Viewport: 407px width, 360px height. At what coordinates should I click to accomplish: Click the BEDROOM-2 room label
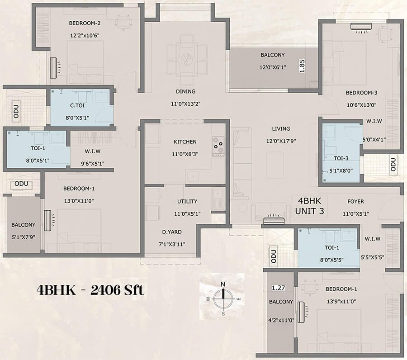(85, 23)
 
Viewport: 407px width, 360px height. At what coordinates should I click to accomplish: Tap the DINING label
(185, 91)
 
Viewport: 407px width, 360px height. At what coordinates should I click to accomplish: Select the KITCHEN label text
(185, 142)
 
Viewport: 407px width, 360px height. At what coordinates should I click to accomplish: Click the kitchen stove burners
(218, 147)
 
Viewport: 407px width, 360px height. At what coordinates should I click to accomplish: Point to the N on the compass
(222, 284)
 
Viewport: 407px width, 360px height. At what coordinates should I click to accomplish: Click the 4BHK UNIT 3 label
(309, 206)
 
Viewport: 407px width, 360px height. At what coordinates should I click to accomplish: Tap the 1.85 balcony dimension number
(302, 66)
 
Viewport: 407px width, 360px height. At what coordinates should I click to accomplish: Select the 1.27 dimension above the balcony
(278, 288)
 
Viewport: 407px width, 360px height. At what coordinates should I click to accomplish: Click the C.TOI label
(77, 105)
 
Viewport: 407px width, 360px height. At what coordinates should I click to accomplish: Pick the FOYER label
(355, 201)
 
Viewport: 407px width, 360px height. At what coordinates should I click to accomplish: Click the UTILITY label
(187, 201)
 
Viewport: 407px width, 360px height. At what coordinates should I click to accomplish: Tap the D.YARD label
(172, 232)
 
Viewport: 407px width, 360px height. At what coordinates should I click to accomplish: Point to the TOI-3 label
(341, 158)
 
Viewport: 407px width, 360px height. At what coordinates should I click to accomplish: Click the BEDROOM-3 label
(361, 93)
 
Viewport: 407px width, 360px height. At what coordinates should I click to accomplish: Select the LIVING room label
(281, 128)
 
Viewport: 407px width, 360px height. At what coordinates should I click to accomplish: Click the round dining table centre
(187, 59)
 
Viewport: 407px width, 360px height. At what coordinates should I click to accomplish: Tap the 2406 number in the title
(105, 290)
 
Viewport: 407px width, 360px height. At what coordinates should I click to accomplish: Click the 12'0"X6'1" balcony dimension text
(273, 67)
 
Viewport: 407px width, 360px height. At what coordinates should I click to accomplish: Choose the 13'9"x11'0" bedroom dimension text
(341, 301)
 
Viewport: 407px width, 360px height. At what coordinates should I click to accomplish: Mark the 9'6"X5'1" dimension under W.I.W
(93, 164)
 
